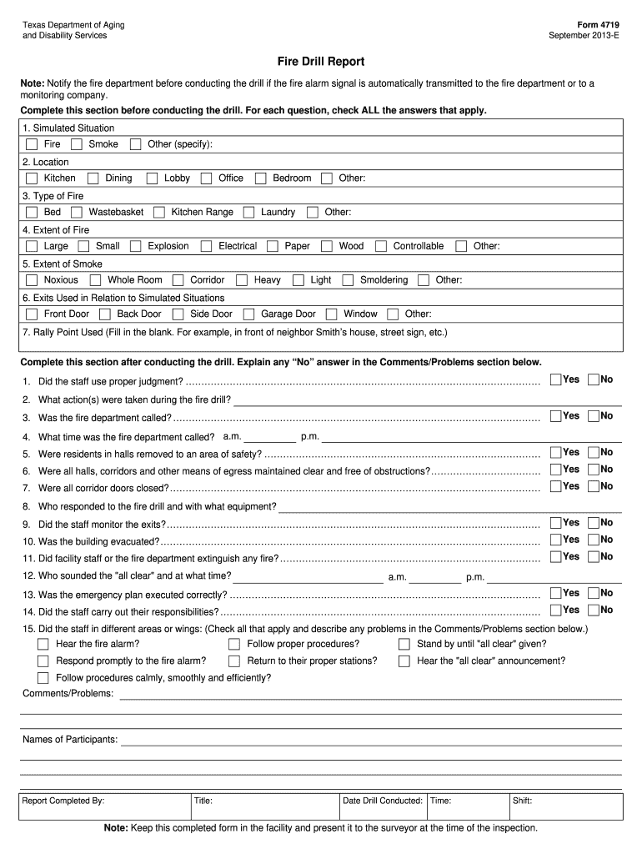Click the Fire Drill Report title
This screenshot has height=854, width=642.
pos(321,62)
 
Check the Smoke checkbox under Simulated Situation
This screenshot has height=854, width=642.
pos(77,144)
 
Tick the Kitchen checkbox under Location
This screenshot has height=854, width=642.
pos(32,178)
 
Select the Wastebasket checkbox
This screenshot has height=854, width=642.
pos(77,213)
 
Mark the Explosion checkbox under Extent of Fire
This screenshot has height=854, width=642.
pos(136,246)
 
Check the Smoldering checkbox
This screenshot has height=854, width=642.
pos(348,280)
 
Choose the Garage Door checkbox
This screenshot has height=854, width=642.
pos(249,314)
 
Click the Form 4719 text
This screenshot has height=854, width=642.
pos(600,25)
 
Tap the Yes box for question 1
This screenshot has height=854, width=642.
pos(556,380)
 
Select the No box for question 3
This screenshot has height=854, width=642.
pos(594,416)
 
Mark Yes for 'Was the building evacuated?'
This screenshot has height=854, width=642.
pos(556,540)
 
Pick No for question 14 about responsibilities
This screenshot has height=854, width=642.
pos(594,610)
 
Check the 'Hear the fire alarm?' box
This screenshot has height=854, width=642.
pos(43,644)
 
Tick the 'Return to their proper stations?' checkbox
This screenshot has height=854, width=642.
pos(234,661)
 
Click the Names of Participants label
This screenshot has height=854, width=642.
pos(70,740)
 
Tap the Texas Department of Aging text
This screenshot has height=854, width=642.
pos(73,25)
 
